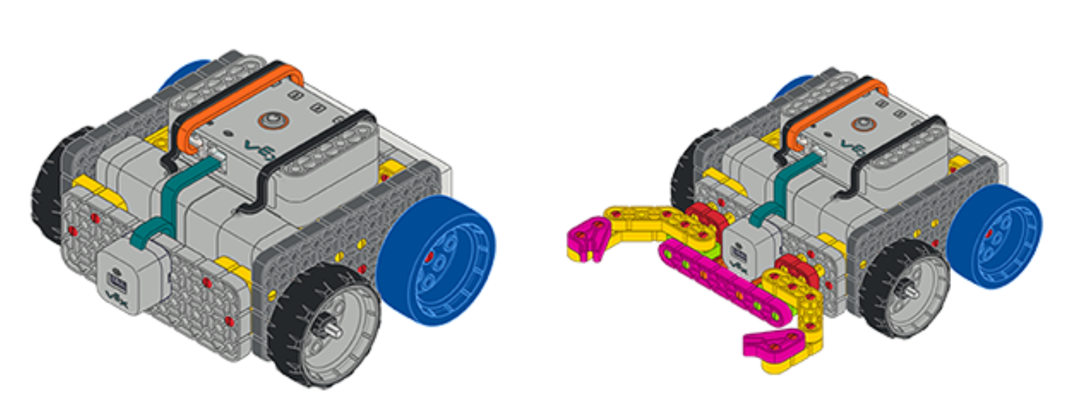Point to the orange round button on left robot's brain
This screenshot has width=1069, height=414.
click(x=272, y=121)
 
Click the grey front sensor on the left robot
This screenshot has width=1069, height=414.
click(x=129, y=277)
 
